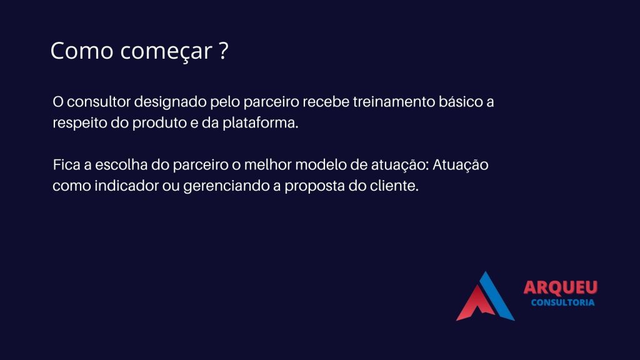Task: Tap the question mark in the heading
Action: (x=223, y=50)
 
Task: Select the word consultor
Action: (x=99, y=102)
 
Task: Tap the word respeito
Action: (x=79, y=124)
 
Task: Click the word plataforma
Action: (x=260, y=123)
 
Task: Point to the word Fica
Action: (x=66, y=165)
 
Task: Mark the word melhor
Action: (x=267, y=165)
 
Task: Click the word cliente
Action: (x=394, y=186)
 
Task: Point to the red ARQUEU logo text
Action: (x=561, y=287)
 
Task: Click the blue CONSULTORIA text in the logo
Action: (x=562, y=302)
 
